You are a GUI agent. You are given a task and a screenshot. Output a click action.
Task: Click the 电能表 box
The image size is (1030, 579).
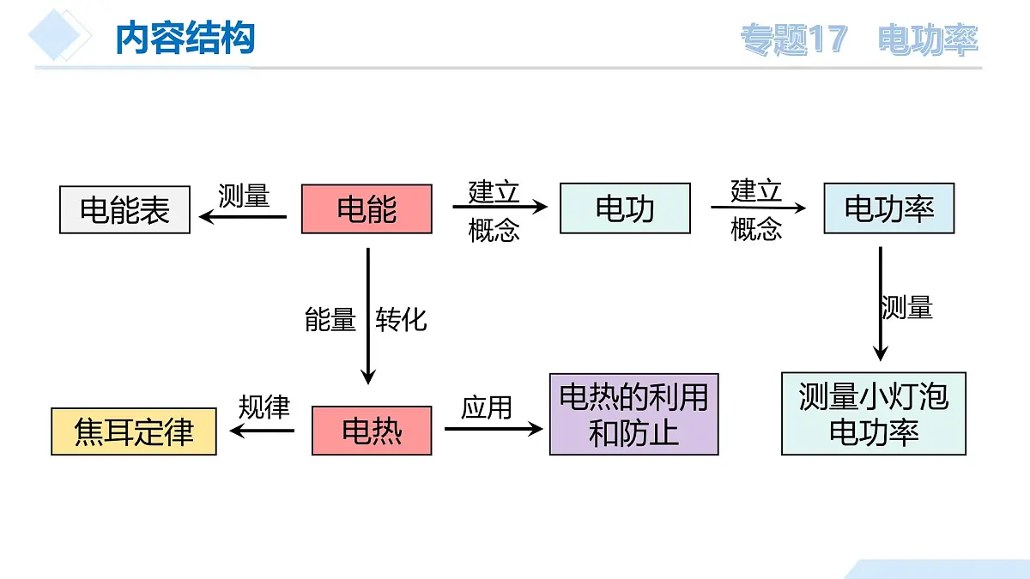124,209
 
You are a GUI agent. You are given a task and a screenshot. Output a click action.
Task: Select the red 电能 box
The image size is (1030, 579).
367,209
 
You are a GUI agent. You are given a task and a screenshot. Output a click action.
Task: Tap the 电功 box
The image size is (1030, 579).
625,208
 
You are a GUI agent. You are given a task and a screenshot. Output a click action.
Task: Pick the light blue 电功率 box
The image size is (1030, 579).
888,208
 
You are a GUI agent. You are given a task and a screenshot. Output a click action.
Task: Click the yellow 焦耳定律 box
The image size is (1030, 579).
134,431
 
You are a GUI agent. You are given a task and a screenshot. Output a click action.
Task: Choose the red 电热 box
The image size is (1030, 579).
372,431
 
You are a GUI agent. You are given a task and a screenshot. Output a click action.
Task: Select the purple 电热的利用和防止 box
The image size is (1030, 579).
633,414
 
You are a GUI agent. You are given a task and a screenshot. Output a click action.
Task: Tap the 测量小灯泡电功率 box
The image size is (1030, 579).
874,413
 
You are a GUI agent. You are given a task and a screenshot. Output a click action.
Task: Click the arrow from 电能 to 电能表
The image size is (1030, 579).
243,217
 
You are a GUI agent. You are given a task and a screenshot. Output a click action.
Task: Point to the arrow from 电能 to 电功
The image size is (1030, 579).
500,207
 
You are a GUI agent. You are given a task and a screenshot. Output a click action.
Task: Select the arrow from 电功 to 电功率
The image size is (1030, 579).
758,207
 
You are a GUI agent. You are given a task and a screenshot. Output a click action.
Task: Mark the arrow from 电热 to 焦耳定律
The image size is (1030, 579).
263,431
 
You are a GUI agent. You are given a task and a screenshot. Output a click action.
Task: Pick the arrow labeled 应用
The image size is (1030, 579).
494,428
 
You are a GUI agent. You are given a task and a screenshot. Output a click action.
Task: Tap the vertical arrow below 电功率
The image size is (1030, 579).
880,304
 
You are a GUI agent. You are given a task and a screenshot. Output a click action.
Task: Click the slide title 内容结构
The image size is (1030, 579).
185,39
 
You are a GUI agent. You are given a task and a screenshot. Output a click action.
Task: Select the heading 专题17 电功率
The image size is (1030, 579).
858,40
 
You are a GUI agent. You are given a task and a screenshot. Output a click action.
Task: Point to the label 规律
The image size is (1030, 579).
264,407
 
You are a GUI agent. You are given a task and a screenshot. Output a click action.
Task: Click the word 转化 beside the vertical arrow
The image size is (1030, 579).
401,320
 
